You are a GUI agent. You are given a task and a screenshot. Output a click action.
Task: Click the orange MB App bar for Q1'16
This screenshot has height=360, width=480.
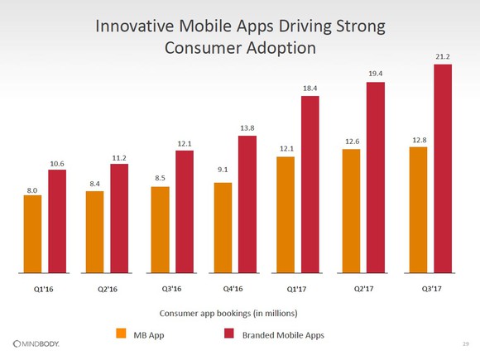click(x=32, y=233)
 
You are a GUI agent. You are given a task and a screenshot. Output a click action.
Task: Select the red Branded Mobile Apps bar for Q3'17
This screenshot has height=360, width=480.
click(x=442, y=167)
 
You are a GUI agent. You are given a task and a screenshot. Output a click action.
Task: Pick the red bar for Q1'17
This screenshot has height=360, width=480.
click(x=310, y=183)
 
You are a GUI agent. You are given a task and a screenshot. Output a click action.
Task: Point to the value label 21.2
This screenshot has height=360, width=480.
click(x=442, y=57)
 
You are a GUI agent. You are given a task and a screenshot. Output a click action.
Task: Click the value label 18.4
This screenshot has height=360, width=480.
click(x=310, y=89)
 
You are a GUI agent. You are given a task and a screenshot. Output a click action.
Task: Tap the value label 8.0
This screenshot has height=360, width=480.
click(x=32, y=190)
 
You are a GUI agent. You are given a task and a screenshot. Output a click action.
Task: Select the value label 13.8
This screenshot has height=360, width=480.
click(x=247, y=128)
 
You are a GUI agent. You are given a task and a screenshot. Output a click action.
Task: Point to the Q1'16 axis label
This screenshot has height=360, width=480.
click(x=45, y=290)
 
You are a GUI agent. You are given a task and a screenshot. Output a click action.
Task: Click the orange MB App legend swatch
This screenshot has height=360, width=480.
click(x=121, y=334)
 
